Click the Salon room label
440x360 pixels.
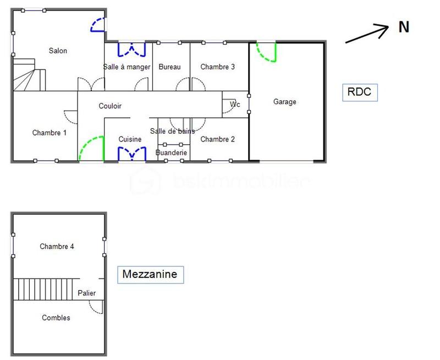[58, 51]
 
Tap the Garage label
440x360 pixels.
[284, 102]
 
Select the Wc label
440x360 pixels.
[235, 105]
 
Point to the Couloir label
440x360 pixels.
[110, 106]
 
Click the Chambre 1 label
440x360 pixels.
[49, 133]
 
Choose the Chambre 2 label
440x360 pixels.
[217, 139]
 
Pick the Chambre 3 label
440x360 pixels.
[217, 67]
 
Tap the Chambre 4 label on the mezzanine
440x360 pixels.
[57, 247]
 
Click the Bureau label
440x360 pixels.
[169, 67]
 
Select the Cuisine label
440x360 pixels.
[130, 139]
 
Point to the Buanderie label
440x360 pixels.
[171, 152]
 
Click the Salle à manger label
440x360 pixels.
[127, 67]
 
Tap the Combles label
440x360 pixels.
[56, 318]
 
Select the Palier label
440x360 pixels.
[86, 293]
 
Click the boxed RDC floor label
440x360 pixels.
[360, 92]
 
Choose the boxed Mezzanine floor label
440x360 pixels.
[150, 274]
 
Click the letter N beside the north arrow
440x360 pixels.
[404, 28]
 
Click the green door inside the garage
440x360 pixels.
[267, 52]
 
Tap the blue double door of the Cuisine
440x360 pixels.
[131, 153]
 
